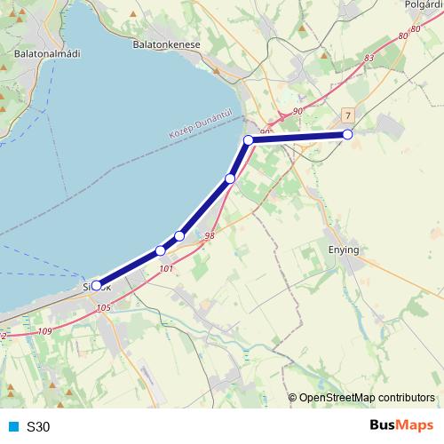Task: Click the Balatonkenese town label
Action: click(166, 44)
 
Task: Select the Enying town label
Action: click(343, 250)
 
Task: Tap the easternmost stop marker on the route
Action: click(347, 134)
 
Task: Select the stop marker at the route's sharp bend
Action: click(249, 139)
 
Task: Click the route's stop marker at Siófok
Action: click(97, 286)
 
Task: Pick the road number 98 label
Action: click(210, 236)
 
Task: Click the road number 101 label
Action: click(164, 267)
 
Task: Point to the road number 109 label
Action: click(45, 331)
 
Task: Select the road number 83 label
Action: click(369, 58)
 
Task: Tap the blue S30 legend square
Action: click(12, 426)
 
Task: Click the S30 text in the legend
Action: click(39, 427)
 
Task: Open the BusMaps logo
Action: click(401, 425)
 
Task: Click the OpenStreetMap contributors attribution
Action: click(366, 397)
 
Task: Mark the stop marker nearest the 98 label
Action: click(179, 235)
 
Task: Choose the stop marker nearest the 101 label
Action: click(160, 250)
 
